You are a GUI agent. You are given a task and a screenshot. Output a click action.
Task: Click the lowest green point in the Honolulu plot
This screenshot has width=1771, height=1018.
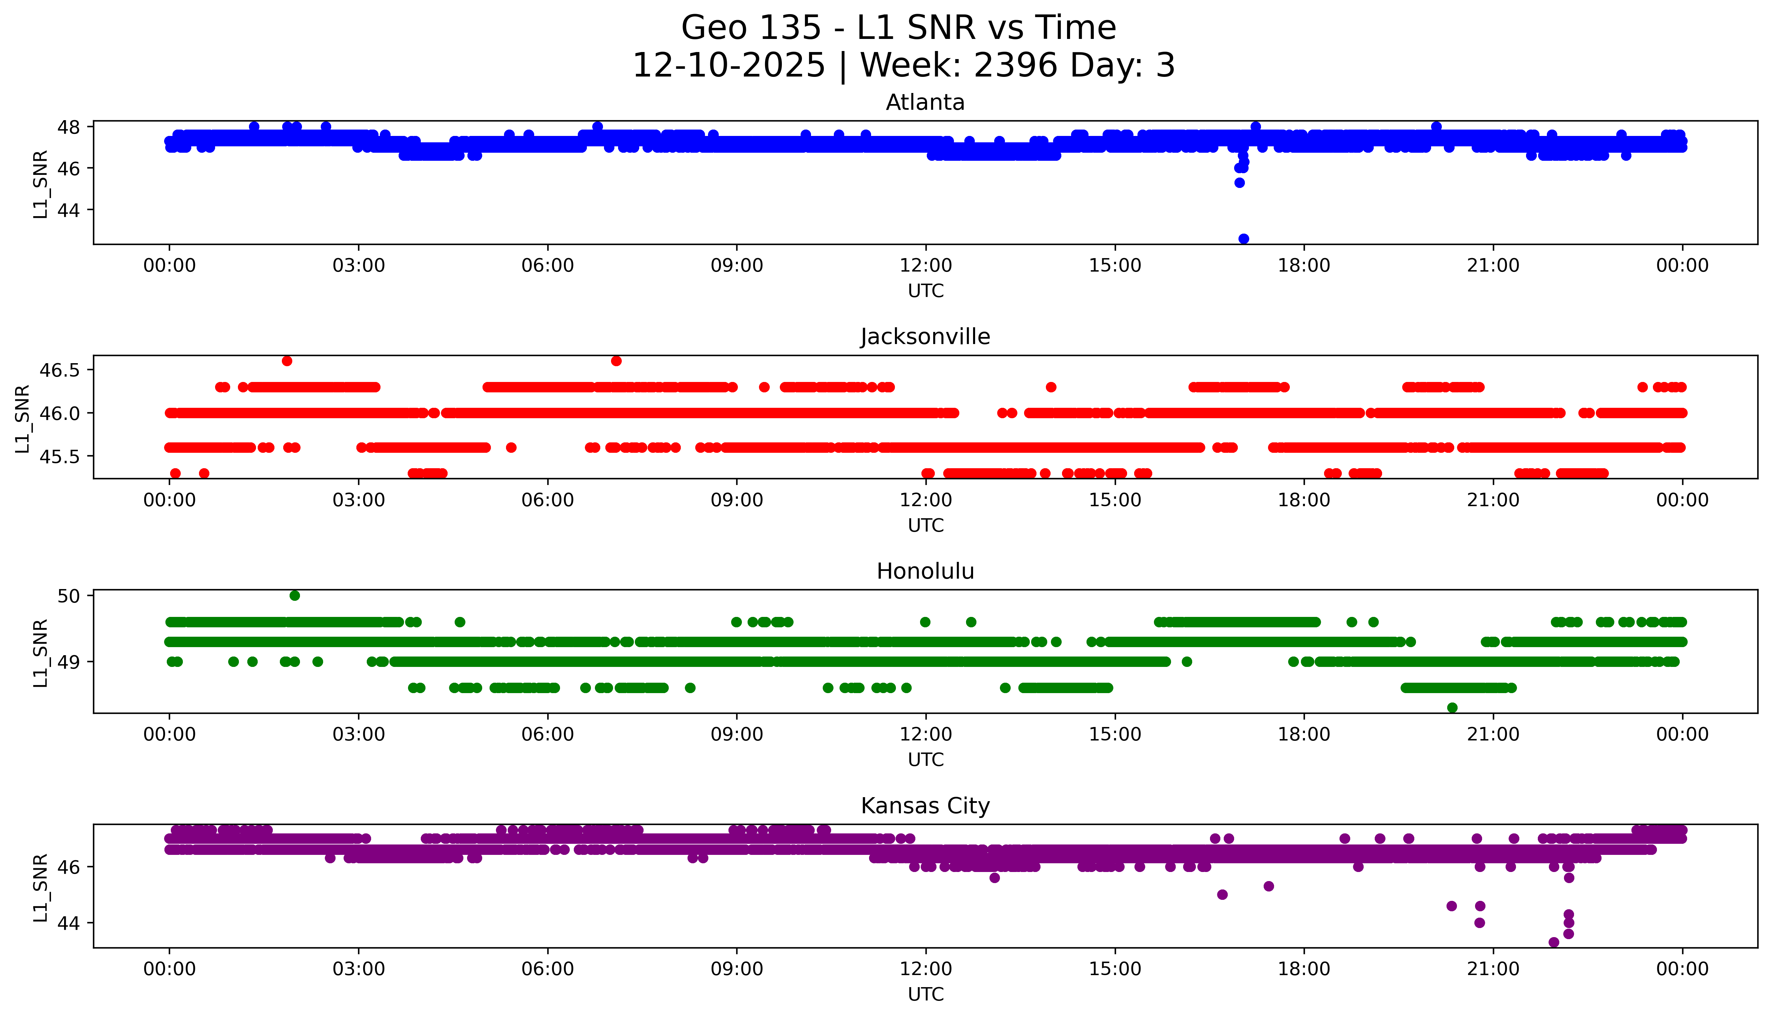pyautogui.click(x=1452, y=708)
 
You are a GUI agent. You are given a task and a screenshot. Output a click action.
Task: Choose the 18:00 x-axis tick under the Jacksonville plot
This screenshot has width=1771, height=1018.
pyautogui.click(x=1304, y=500)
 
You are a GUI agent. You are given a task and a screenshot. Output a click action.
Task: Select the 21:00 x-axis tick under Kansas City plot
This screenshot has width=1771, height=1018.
pyautogui.click(x=1493, y=969)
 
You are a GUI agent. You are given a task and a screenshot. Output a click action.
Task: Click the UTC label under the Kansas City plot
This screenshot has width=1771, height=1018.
pyautogui.click(x=925, y=994)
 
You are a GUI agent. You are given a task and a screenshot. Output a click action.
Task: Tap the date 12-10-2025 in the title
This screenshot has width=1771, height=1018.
pyautogui.click(x=728, y=66)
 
